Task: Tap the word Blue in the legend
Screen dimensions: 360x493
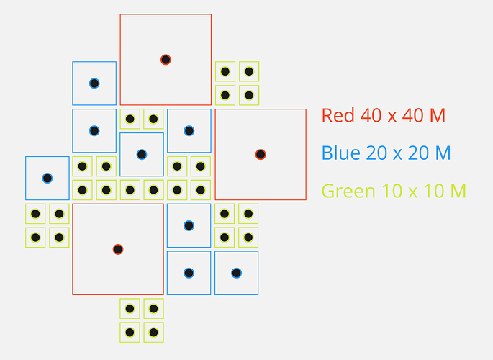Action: click(x=339, y=153)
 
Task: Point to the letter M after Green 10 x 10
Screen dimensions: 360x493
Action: click(x=456, y=192)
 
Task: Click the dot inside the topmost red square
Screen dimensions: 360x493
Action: click(x=166, y=59)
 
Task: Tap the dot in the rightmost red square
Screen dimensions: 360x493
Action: click(x=261, y=154)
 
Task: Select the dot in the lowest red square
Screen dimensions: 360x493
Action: click(x=118, y=249)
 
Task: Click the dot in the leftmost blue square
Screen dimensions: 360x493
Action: click(x=47, y=178)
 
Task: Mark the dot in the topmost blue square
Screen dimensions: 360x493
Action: click(x=94, y=84)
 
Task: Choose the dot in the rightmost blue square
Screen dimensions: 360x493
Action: click(x=236, y=273)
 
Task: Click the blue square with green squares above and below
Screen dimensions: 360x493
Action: click(x=142, y=154)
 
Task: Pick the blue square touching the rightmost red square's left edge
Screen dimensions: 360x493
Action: click(x=189, y=131)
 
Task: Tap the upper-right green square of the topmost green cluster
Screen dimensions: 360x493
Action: click(x=249, y=71)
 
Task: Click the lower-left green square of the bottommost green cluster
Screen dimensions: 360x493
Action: click(x=130, y=333)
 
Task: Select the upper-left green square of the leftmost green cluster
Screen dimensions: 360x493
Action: click(x=35, y=214)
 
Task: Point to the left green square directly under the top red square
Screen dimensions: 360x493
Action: click(x=130, y=119)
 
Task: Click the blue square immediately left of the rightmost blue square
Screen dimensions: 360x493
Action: click(x=189, y=273)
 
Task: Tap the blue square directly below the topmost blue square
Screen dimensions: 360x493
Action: click(x=94, y=131)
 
